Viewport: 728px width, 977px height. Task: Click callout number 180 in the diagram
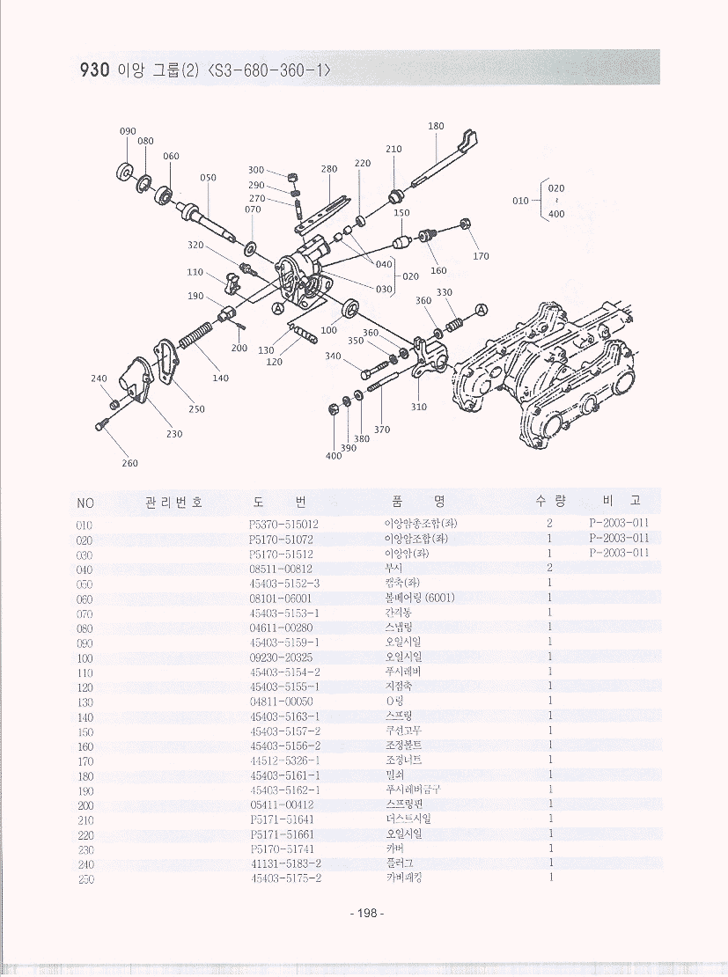pos(436,126)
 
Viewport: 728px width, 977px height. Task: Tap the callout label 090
pos(128,131)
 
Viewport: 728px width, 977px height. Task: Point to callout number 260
pos(129,463)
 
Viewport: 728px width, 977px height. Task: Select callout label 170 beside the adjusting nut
pos(481,256)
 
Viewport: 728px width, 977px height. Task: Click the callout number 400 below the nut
pos(334,456)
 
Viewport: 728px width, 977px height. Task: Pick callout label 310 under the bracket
pos(419,407)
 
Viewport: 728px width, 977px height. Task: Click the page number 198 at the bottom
pos(364,914)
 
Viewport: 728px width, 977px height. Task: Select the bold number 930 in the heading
pos(94,70)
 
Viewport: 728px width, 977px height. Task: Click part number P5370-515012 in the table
pos(283,524)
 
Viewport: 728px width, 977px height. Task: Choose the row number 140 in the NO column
pos(85,716)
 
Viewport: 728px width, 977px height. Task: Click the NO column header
pos(85,503)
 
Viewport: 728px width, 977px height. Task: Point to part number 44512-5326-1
pos(284,760)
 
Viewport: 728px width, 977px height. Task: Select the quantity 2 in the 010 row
pos(549,524)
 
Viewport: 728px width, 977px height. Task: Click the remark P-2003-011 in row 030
pos(619,553)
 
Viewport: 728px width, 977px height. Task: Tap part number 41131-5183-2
pos(285,863)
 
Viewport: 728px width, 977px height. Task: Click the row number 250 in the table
pos(85,878)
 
